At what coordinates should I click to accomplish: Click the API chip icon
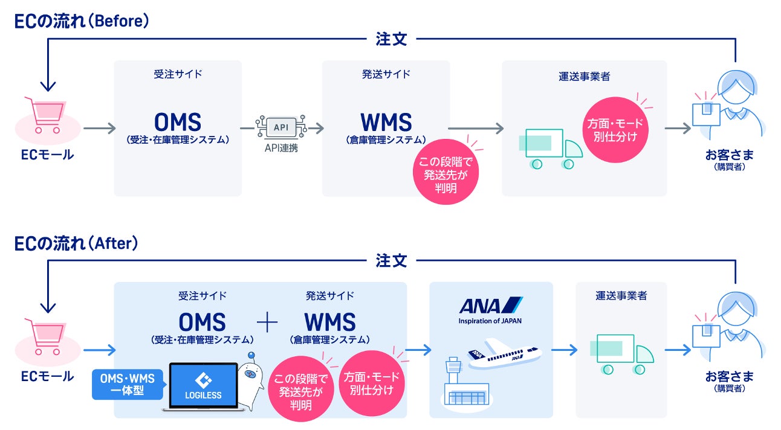coord(281,128)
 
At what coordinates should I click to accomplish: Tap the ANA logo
coord(490,305)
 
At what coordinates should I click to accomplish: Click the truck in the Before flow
coord(549,149)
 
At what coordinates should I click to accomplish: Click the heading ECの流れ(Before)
coord(82,21)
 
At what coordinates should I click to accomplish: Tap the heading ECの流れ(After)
coord(77,243)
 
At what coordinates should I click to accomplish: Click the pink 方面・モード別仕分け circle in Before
coord(616,129)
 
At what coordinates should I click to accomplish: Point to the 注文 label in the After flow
coord(391,261)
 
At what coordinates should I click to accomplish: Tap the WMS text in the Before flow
coord(386,123)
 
